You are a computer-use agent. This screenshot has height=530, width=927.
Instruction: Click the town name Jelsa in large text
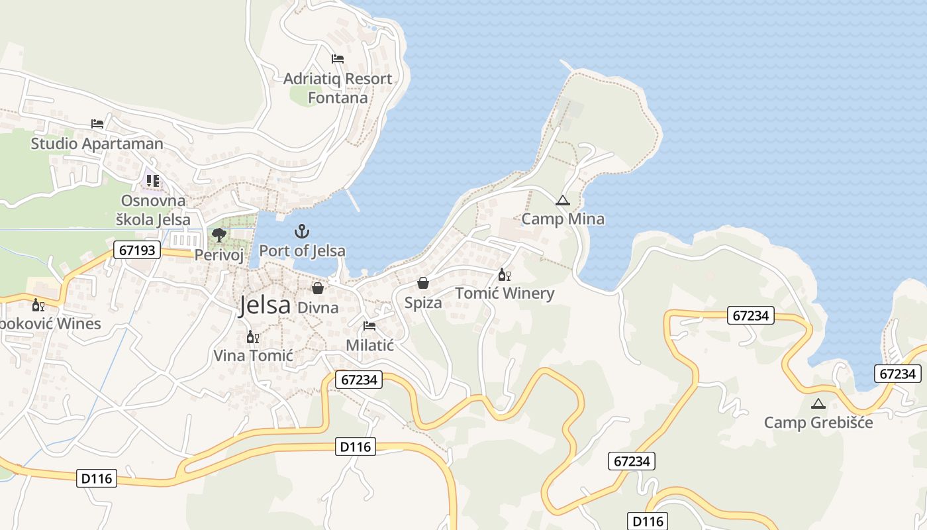click(265, 305)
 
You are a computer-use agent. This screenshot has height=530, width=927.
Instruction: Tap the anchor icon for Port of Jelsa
click(302, 232)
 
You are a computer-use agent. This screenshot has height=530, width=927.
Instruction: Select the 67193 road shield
click(138, 250)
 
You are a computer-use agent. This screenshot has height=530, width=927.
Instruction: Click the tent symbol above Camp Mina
click(562, 200)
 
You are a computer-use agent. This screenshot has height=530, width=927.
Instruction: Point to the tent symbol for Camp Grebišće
click(818, 403)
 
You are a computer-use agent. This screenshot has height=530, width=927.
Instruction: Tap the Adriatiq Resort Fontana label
click(338, 88)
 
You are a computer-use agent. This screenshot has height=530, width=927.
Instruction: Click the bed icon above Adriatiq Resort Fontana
click(338, 59)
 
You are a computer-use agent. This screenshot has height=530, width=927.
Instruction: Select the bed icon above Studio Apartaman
click(97, 124)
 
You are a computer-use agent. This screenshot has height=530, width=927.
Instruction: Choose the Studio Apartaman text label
click(97, 144)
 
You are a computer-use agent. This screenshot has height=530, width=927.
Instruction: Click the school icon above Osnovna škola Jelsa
click(153, 180)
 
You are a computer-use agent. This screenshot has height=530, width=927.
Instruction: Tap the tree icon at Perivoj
click(219, 235)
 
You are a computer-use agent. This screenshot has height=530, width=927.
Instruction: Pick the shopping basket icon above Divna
click(318, 288)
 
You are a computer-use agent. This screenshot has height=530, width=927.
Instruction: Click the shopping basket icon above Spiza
click(423, 284)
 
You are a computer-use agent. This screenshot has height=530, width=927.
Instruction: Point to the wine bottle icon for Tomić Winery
click(504, 274)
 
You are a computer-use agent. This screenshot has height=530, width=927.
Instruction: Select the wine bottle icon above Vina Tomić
click(252, 337)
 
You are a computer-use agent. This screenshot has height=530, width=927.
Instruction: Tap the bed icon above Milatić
click(369, 326)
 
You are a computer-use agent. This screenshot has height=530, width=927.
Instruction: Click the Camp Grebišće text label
click(818, 423)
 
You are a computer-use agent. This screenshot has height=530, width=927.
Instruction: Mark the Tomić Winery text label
click(505, 293)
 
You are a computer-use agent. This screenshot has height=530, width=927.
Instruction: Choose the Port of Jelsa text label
click(302, 251)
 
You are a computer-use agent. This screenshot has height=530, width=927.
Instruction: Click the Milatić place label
click(370, 345)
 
